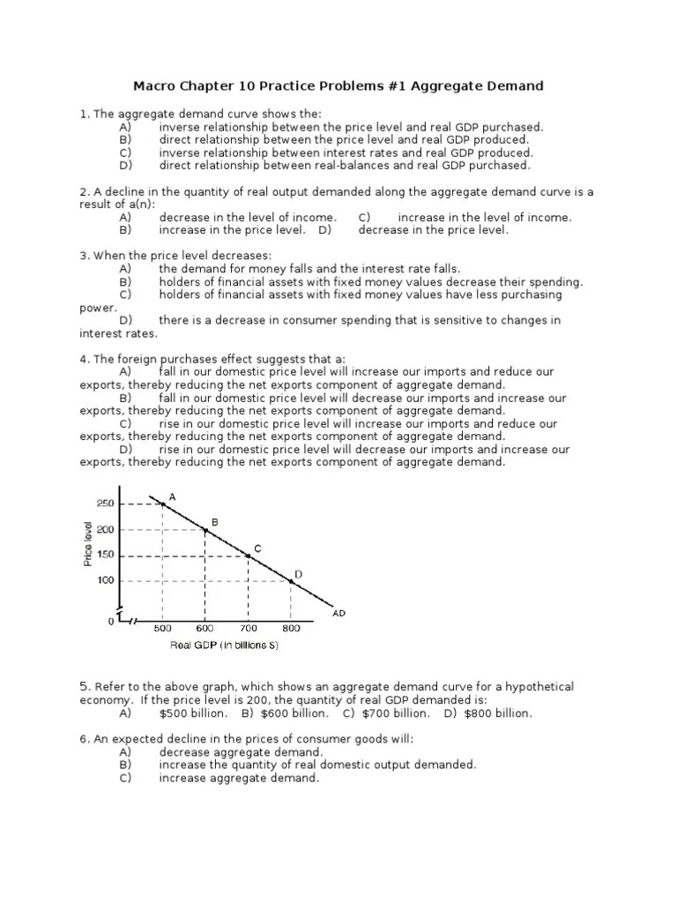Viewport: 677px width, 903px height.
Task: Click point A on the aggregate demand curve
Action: tap(163, 504)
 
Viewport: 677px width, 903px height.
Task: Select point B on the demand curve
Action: tap(205, 529)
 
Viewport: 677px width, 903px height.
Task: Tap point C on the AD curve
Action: tap(249, 556)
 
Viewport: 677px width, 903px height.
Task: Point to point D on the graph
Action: tap(291, 580)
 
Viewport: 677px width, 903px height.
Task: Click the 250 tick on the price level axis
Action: tap(105, 504)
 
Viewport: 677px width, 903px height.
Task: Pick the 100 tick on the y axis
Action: tap(105, 581)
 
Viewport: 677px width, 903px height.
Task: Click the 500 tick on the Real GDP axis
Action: tap(162, 629)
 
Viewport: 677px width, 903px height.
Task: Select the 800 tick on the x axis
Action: tap(291, 629)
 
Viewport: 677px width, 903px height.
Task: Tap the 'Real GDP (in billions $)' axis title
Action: tap(226, 646)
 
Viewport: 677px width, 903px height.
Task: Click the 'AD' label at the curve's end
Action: tap(339, 613)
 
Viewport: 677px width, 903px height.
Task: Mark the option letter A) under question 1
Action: tap(124, 127)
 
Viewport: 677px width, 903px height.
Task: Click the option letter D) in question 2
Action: tap(325, 230)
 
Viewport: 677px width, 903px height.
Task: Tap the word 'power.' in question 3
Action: tap(98, 308)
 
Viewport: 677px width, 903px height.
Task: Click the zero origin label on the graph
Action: tap(111, 622)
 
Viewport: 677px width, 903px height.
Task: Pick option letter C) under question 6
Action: tap(124, 778)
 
